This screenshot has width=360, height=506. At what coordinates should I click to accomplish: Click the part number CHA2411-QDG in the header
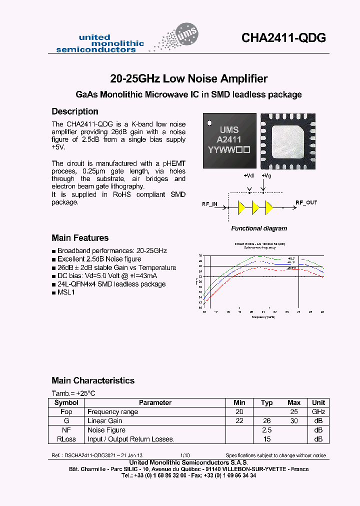[283, 38]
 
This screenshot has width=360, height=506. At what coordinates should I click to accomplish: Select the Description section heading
[75, 111]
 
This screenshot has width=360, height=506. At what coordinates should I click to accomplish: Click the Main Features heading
[80, 238]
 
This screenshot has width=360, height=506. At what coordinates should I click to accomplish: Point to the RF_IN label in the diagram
[209, 204]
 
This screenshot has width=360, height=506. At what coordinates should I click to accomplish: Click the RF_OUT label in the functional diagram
[306, 202]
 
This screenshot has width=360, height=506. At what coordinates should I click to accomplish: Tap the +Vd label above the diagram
[248, 175]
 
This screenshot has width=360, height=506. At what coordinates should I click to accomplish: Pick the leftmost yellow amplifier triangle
[241, 206]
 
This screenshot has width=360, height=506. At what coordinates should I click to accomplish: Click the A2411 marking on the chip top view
[228, 139]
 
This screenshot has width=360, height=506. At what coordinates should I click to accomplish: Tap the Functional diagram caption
[259, 228]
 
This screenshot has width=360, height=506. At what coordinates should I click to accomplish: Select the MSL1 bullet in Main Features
[66, 292]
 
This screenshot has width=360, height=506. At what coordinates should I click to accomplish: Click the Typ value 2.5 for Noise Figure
[266, 430]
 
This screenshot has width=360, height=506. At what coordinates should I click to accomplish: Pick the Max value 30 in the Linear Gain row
[293, 421]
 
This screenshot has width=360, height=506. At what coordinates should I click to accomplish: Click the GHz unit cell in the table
[318, 412]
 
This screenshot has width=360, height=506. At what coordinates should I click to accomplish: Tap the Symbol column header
[66, 402]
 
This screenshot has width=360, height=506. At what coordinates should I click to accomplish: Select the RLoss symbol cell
[66, 439]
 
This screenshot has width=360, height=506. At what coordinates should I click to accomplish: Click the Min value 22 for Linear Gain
[239, 421]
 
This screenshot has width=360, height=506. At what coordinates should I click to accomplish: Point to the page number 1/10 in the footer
[185, 455]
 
